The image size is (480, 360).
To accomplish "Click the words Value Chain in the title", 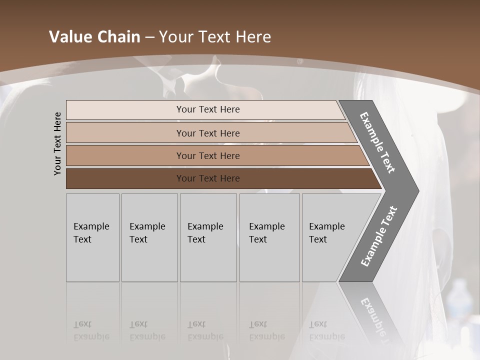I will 94,37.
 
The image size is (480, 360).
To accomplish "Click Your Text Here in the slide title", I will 215,37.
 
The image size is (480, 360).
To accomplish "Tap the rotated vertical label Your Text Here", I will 57,143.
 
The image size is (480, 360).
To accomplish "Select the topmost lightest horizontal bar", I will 208,109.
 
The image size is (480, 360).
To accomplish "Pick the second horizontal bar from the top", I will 208,133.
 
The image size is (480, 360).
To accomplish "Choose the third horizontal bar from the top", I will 208,155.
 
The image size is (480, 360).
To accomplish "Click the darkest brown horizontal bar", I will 208,178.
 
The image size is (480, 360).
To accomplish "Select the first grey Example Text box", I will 92,237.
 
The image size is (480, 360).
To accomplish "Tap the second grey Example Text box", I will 149,237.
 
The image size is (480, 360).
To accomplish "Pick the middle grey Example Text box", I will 208,237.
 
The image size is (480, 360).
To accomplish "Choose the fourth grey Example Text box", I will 269,237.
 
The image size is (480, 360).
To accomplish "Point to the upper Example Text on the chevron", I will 377,142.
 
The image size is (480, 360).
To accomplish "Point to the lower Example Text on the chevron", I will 378,236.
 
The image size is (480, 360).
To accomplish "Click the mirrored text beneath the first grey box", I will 91,330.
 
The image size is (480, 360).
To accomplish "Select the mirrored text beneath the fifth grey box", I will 327,330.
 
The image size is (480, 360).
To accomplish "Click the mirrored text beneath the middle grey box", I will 205,330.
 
